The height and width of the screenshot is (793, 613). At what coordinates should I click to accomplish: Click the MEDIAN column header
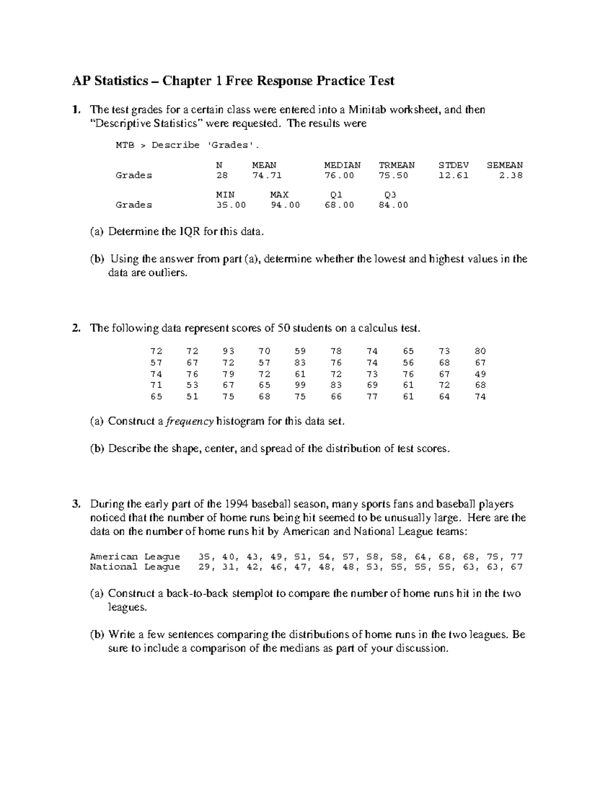pyautogui.click(x=342, y=165)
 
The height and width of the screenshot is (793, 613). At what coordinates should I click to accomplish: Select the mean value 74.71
pyautogui.click(x=267, y=175)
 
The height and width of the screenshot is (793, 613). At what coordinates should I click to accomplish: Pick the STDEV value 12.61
pyautogui.click(x=453, y=175)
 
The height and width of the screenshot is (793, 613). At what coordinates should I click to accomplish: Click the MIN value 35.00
pyautogui.click(x=231, y=205)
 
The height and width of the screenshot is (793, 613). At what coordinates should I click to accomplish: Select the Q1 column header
pyautogui.click(x=336, y=195)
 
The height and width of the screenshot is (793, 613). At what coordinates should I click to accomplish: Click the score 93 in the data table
pyautogui.click(x=228, y=351)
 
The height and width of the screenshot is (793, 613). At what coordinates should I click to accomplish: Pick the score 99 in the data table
pyautogui.click(x=300, y=385)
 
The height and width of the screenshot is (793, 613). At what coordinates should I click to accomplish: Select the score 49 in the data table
pyautogui.click(x=480, y=374)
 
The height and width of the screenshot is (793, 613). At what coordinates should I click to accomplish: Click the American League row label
pyautogui.click(x=135, y=557)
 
